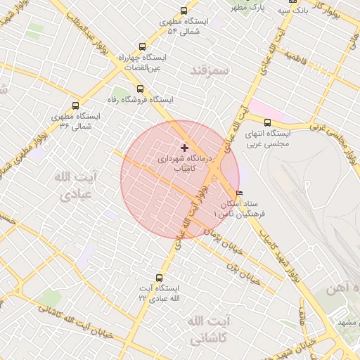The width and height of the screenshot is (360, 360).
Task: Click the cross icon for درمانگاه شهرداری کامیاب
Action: [x=184, y=148]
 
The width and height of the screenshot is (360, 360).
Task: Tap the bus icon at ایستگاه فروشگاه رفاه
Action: [x=140, y=89]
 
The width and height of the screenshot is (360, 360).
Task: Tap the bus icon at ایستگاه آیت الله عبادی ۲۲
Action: [x=159, y=278]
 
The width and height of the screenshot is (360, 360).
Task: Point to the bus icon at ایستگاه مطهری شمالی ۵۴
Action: [x=184, y=11]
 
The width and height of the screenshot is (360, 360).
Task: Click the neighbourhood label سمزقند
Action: [x=210, y=71]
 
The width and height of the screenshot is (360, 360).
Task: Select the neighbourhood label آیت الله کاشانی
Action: [x=210, y=329]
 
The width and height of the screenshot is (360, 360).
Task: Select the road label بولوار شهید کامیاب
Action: [x=282, y=257]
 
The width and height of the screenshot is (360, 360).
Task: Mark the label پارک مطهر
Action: [x=251, y=8]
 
